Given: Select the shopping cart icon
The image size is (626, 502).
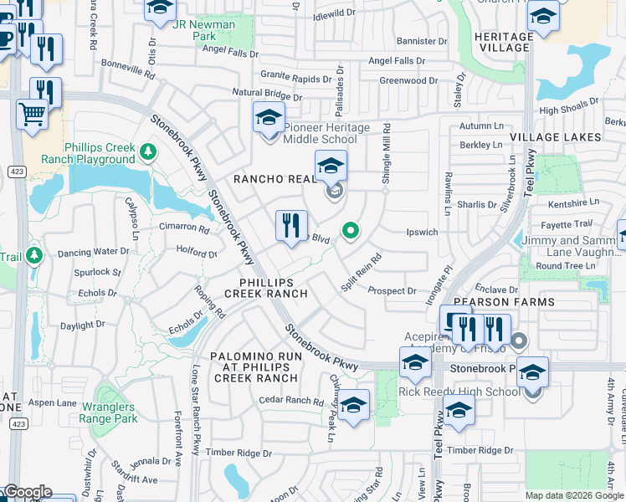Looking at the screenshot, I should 32,114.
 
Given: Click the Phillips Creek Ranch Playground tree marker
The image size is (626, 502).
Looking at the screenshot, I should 148,151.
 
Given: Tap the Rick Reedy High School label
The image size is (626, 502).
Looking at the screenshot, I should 459,392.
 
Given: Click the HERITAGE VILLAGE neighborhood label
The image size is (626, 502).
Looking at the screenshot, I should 503,42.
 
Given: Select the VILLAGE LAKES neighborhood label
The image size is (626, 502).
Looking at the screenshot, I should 556,136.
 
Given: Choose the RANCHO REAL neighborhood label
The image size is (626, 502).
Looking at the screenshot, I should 274,179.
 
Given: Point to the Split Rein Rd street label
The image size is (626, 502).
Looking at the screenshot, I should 362,272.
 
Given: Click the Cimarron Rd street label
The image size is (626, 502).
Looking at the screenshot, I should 185,227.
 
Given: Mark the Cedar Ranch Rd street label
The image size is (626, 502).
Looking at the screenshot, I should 291,402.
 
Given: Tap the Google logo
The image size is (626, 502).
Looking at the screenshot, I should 28,492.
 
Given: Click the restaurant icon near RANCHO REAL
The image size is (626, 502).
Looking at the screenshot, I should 291,228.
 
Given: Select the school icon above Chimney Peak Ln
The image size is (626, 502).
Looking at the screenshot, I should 354,407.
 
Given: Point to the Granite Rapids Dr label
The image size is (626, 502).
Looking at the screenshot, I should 295,79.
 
